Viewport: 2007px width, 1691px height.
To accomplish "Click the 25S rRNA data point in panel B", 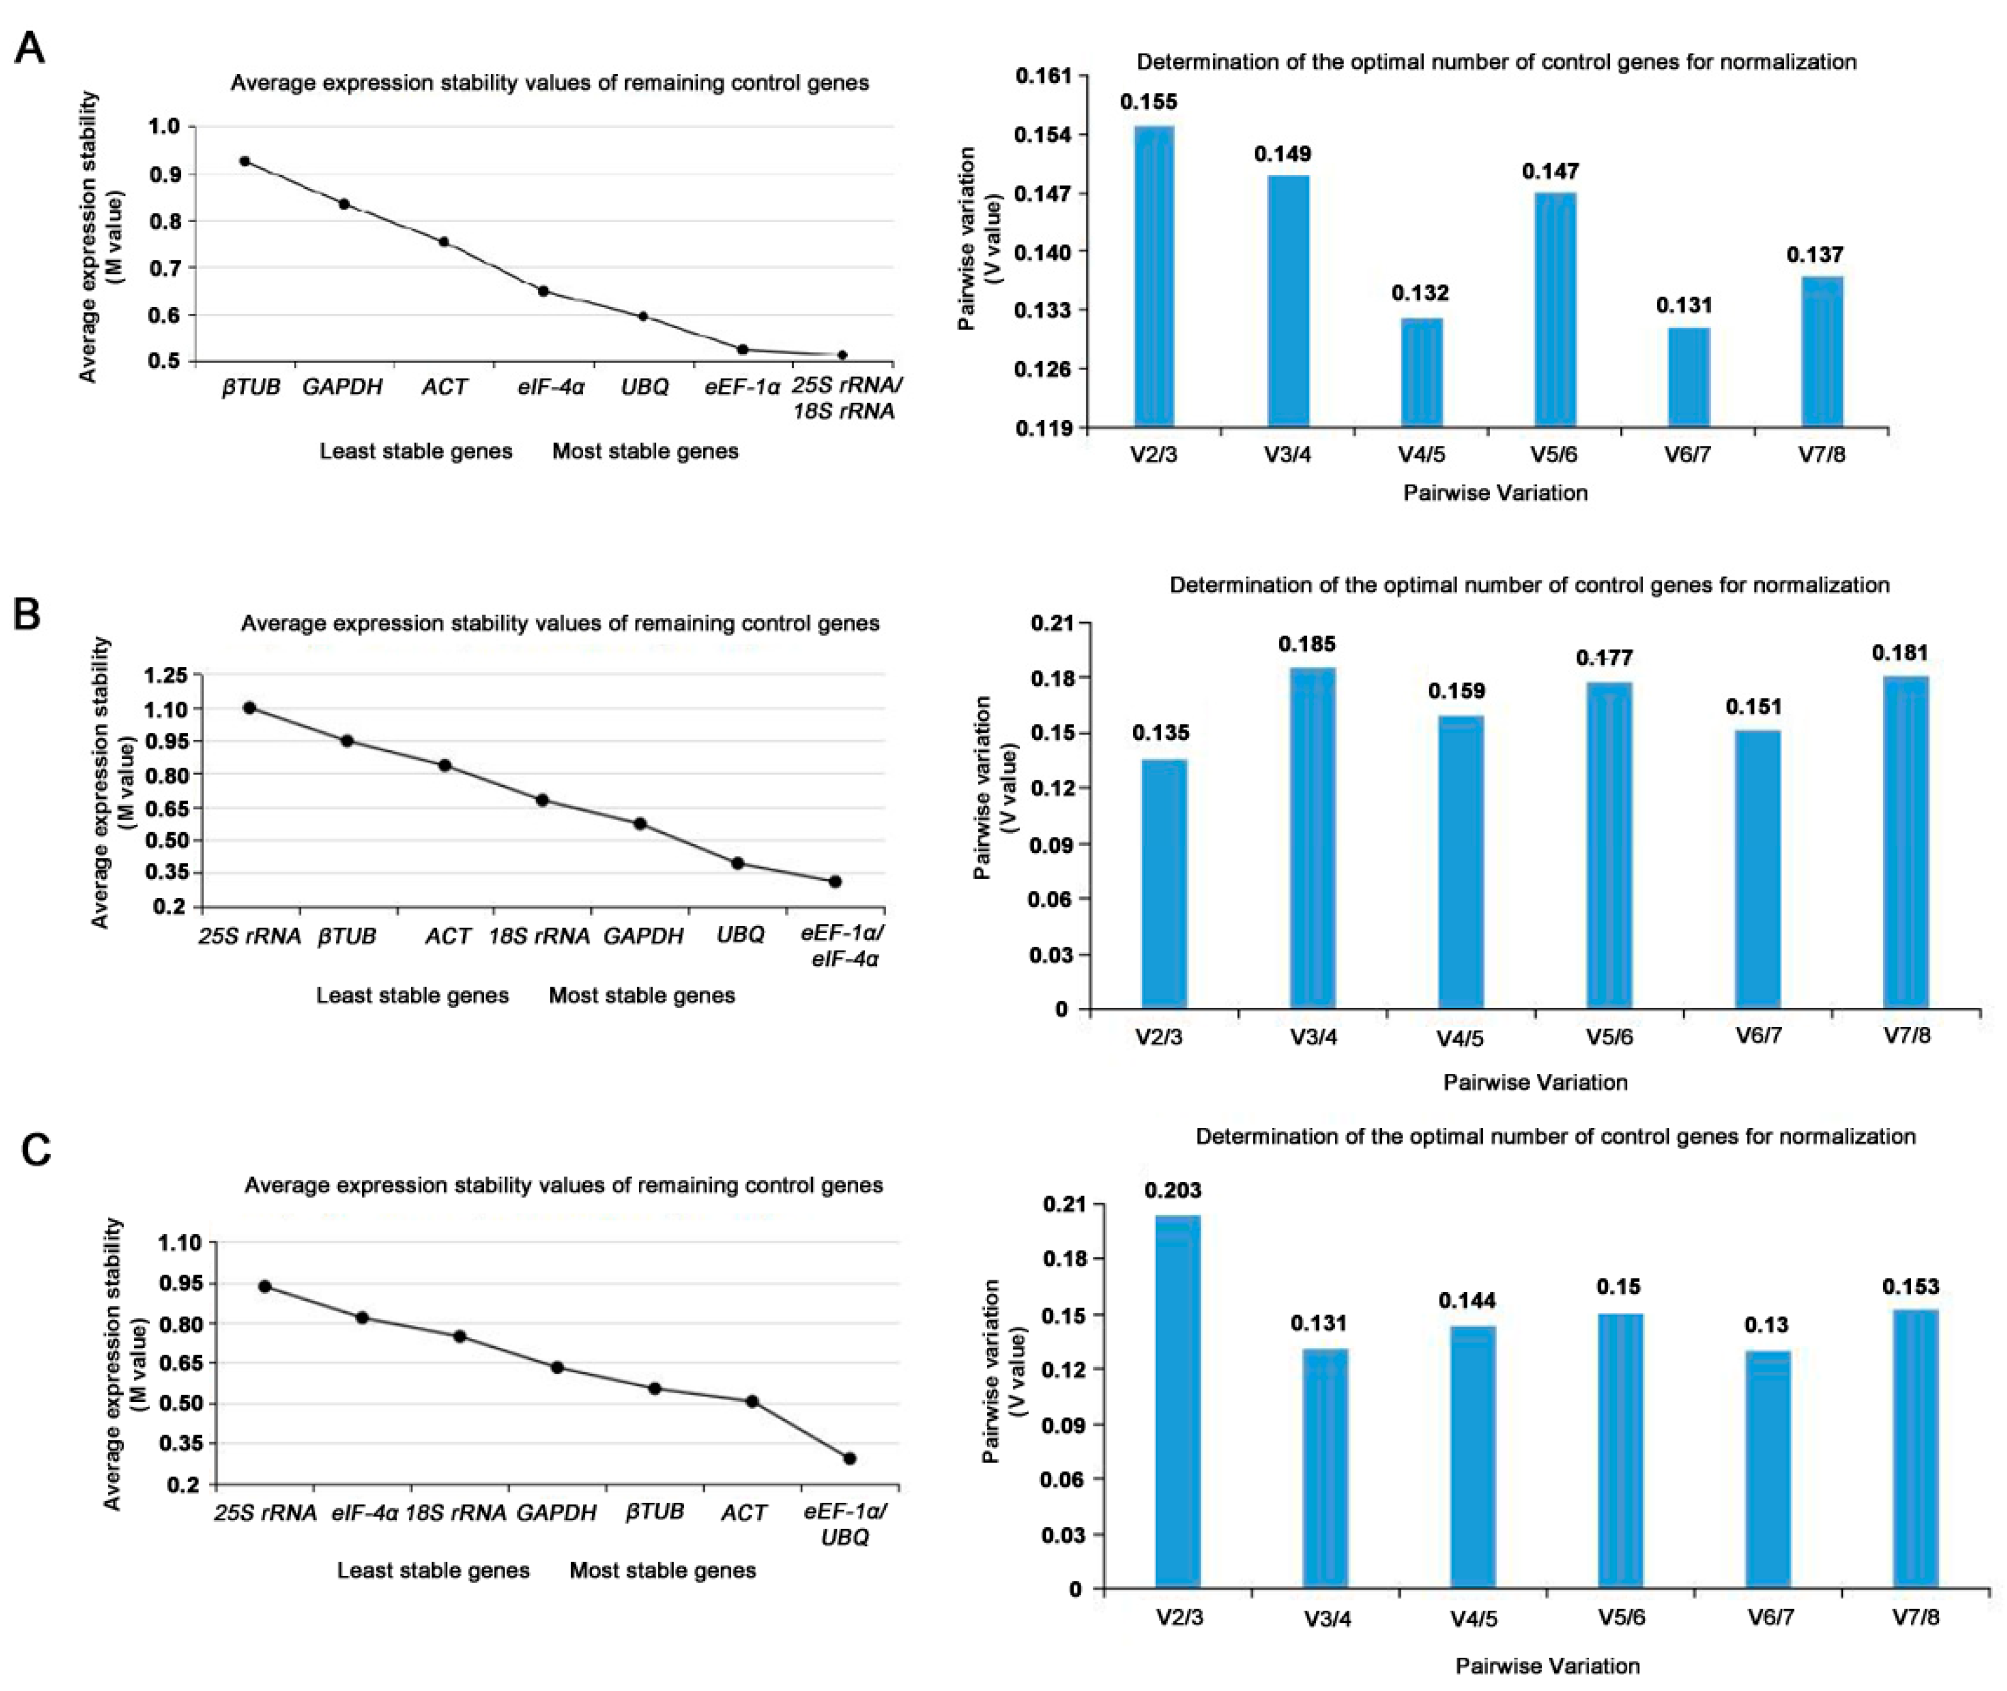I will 249,708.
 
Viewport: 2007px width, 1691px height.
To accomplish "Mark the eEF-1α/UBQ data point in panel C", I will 849,1458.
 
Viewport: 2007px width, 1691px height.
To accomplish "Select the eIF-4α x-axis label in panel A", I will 551,387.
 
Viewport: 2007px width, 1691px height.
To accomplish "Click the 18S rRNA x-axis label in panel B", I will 538,936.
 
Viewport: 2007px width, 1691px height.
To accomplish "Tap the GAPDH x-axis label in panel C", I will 556,1513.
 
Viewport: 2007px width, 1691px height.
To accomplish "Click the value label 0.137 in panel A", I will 1814,255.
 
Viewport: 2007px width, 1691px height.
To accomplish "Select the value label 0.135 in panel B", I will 1161,733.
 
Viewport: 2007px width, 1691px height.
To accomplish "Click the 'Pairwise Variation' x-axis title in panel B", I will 1536,1082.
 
